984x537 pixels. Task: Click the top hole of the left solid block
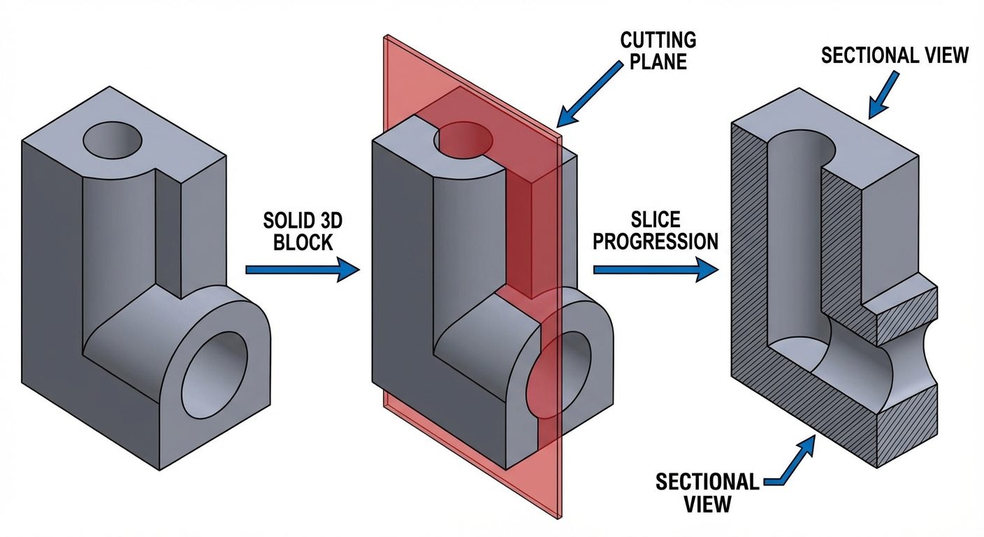tap(113, 141)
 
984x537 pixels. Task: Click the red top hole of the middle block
tap(463, 138)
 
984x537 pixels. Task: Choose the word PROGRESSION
tap(656, 242)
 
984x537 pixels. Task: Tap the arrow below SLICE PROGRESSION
tap(655, 269)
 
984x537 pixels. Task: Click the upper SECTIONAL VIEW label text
tap(895, 55)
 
